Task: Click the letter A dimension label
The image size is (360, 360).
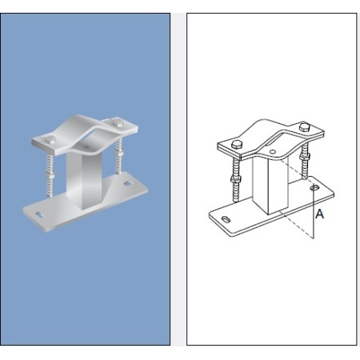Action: [318, 214]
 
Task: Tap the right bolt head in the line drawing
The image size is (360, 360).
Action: [304, 128]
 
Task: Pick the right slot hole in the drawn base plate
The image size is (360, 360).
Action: [316, 188]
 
